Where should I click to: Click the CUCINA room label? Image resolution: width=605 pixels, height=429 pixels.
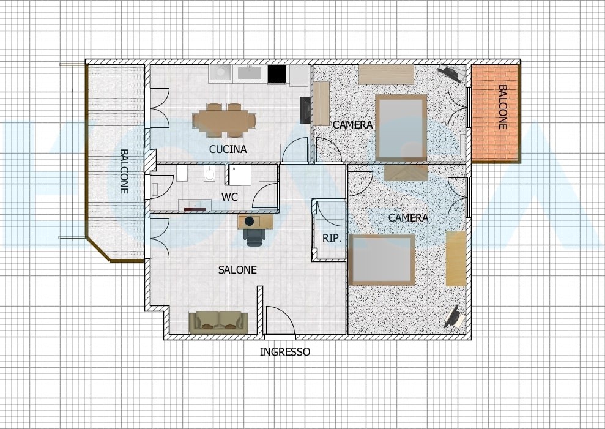coord(228,149)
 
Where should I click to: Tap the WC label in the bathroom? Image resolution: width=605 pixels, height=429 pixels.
coord(229,197)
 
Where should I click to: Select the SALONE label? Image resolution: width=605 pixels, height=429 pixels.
coord(237,269)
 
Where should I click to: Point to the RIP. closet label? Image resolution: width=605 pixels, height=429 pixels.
coord(332,238)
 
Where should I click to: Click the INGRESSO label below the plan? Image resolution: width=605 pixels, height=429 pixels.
coord(284,352)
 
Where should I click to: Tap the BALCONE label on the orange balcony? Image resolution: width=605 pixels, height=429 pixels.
coord(502,107)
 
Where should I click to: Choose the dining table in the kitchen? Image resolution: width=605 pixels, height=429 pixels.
coord(224,121)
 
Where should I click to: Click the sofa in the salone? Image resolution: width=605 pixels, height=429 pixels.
coord(218,323)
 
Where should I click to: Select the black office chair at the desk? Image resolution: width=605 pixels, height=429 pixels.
coord(254,237)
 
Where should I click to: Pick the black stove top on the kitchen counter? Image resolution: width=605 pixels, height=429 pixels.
coord(277,74)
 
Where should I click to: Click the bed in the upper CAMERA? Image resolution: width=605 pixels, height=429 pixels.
coord(401,128)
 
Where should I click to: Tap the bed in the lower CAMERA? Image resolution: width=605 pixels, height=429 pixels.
coord(382,259)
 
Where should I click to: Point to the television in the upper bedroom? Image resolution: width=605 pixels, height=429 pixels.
coord(451,73)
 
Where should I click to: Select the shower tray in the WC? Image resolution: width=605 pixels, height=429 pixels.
coord(240,175)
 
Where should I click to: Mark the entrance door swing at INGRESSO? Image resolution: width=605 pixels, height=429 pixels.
coord(280,320)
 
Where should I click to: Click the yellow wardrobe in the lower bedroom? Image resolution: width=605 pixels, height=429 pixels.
coord(455,258)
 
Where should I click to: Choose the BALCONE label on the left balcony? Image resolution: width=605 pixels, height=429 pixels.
coord(124,171)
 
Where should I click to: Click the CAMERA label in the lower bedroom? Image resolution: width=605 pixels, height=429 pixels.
coord(408,218)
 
